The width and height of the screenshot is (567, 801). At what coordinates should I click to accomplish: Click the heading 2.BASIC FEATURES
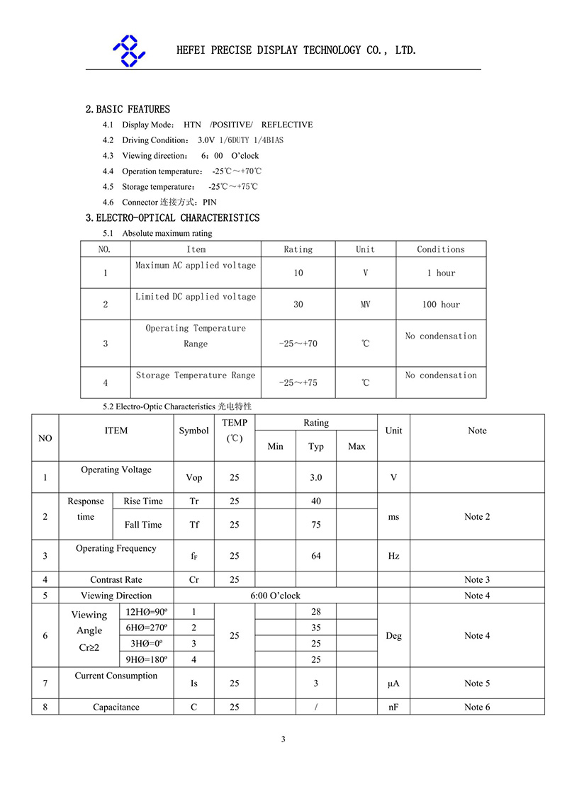pos(128,109)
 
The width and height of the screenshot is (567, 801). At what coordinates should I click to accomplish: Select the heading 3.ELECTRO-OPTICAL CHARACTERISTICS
pos(172,217)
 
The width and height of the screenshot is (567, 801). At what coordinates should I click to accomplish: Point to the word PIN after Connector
pos(210,203)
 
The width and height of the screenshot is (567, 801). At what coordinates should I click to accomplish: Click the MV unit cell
pos(365,305)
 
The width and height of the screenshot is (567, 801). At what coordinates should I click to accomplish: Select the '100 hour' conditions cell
pos(441,305)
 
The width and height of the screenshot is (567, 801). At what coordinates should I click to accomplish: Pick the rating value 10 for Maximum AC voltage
pos(298,273)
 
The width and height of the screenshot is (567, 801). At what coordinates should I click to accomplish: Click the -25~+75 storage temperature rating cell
pos(298,383)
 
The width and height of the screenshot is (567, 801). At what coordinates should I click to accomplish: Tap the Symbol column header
pos(193,431)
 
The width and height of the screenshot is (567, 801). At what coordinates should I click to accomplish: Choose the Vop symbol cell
pos(193,477)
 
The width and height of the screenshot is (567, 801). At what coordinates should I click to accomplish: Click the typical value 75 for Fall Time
pos(316,525)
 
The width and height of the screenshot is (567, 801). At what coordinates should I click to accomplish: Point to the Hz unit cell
pos(393,556)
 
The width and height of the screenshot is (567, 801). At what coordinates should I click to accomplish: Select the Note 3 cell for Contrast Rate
pos(477,579)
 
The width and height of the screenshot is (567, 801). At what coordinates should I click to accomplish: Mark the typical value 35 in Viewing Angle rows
pos(316,627)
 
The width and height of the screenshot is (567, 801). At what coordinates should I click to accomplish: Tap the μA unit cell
pos(393,683)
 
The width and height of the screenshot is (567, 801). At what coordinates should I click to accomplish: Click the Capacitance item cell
pos(116,707)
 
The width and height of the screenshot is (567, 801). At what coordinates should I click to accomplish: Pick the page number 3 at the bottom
pos(283,739)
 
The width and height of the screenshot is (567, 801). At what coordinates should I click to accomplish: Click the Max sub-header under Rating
pos(357,446)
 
